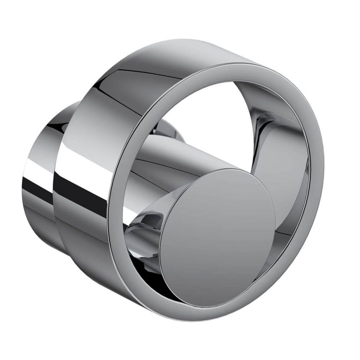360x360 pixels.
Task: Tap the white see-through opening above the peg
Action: point(202,115)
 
